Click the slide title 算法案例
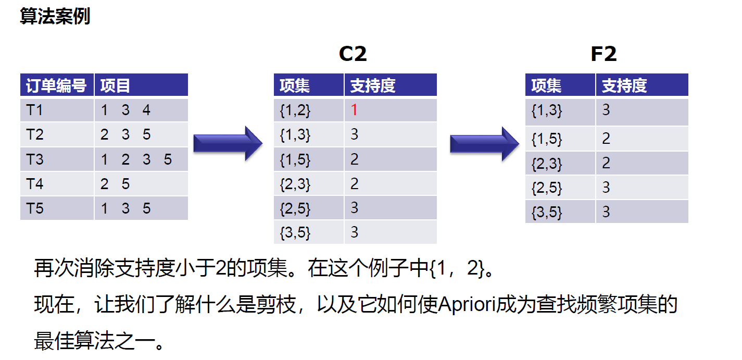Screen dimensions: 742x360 [x=55, y=16]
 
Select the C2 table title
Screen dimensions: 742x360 [x=353, y=54]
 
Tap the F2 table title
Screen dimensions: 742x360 [x=603, y=54]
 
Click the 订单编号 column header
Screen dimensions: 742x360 [x=56, y=85]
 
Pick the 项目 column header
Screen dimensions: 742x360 [x=115, y=85]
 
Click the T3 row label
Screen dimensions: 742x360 [x=35, y=159]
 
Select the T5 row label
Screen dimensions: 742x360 [x=35, y=208]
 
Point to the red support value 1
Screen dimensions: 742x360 [x=354, y=110]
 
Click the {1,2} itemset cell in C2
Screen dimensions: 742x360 [x=295, y=110]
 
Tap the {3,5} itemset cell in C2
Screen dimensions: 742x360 [x=295, y=232]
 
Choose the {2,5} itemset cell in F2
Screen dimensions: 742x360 [x=547, y=188]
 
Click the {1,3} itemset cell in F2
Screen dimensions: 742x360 [x=547, y=110]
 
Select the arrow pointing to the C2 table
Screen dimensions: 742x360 [x=228, y=143]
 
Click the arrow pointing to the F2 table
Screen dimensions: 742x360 [x=485, y=144]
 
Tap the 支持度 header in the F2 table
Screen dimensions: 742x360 [x=624, y=85]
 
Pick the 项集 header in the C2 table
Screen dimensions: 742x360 [x=295, y=85]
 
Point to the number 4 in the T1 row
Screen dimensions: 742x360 [x=146, y=110]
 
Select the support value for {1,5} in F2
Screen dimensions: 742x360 [x=606, y=139]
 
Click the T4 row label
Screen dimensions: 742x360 [x=35, y=184]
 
